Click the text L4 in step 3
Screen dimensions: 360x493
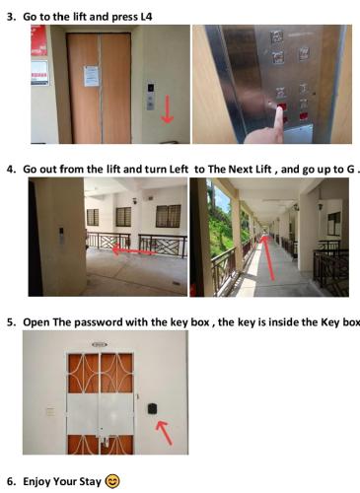146,17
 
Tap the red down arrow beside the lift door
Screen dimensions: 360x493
168,109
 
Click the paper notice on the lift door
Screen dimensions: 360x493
91,76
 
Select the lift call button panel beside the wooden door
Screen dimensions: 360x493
151,95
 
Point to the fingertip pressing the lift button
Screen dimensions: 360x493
279,110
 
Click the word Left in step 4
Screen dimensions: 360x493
179,170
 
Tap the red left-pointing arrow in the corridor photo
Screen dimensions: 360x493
134,250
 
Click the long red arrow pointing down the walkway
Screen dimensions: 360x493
267,257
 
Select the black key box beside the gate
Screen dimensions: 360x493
152,408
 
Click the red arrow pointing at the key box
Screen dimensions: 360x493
165,433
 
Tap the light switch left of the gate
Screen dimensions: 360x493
50,411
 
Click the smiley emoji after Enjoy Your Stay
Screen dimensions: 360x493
112,481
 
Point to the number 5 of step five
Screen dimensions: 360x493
10,322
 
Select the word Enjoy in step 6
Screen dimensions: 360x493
36,482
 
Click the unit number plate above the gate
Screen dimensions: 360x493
100,344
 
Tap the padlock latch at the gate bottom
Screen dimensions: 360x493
104,441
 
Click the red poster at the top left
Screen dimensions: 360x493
39,40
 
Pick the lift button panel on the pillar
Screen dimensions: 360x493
61,236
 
